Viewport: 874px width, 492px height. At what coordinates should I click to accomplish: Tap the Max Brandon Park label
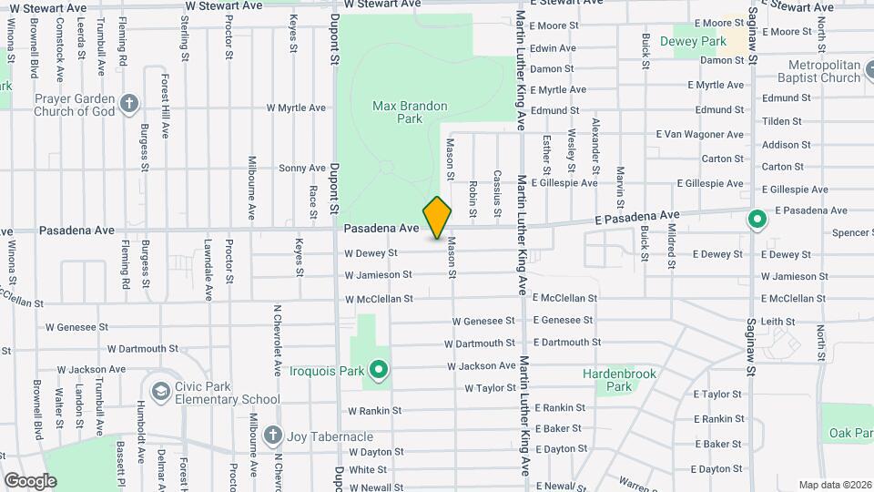[410, 112]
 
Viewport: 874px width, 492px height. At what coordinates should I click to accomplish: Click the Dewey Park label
[699, 42]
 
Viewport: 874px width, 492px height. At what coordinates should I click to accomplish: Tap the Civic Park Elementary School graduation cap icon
[161, 391]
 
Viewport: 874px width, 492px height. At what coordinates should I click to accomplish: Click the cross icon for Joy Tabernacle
[272, 436]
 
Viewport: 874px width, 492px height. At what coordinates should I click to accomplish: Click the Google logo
[30, 480]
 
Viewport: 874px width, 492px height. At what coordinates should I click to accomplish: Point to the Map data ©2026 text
[835, 485]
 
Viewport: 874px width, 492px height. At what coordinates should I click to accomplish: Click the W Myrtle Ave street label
[296, 108]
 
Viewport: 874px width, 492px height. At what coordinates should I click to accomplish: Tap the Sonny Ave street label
[301, 168]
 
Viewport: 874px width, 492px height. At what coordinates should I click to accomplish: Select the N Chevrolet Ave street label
[277, 340]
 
